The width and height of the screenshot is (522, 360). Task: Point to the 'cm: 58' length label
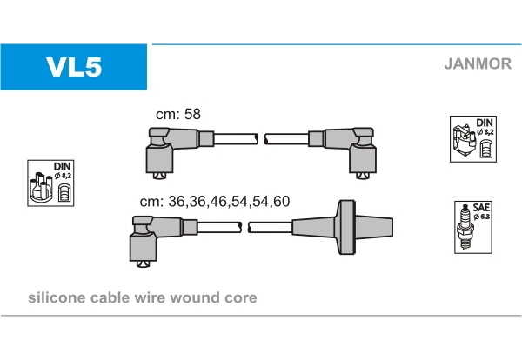coord(177,114)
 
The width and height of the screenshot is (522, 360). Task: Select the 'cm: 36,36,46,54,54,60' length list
coord(214,201)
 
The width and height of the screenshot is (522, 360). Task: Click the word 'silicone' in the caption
coord(56,297)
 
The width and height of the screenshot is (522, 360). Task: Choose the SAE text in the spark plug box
coord(480,207)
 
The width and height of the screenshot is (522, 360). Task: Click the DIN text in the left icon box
coord(62,165)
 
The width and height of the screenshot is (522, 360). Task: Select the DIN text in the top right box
coord(484,123)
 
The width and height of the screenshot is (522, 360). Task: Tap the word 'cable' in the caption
coord(107,297)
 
